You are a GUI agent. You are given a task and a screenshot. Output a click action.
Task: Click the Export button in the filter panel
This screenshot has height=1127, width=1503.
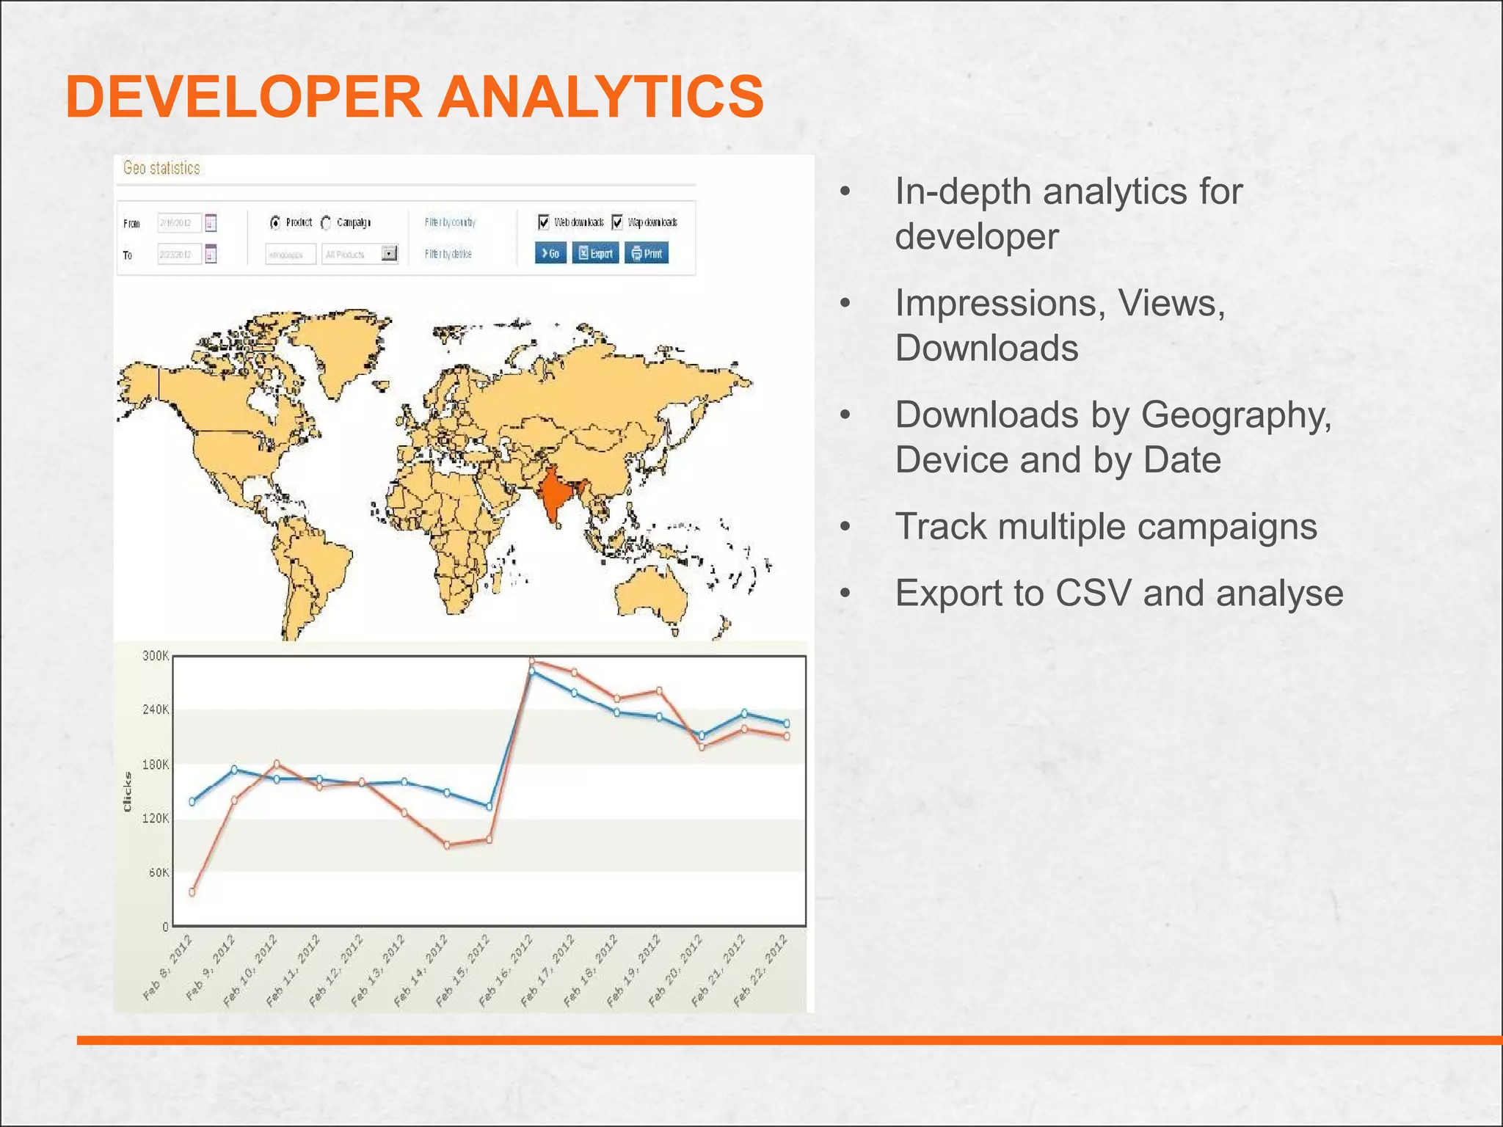[595, 253]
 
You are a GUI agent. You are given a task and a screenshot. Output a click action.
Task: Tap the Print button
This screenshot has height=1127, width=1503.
[647, 253]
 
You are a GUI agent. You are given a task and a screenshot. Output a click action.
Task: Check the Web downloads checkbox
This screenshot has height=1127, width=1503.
[544, 222]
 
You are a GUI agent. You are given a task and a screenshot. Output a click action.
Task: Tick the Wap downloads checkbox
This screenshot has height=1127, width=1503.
[617, 222]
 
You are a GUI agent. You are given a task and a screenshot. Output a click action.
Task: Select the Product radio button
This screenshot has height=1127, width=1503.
[275, 222]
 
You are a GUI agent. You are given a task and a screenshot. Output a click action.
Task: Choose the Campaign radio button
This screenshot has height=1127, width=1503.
[327, 222]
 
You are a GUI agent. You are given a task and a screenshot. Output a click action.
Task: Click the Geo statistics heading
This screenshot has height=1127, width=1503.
[161, 168]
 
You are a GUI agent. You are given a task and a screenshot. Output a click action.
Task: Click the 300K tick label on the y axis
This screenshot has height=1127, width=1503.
[156, 656]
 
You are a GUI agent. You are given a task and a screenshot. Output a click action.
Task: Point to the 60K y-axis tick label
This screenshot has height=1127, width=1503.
[159, 872]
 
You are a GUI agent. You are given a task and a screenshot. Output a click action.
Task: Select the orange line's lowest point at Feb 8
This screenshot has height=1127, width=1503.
[192, 892]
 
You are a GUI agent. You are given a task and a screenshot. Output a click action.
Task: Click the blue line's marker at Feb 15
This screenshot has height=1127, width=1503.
[490, 806]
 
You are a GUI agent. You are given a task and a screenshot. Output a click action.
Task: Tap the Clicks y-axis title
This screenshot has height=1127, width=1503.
[128, 792]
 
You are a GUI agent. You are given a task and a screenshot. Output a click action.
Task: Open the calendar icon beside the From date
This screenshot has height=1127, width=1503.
[211, 222]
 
